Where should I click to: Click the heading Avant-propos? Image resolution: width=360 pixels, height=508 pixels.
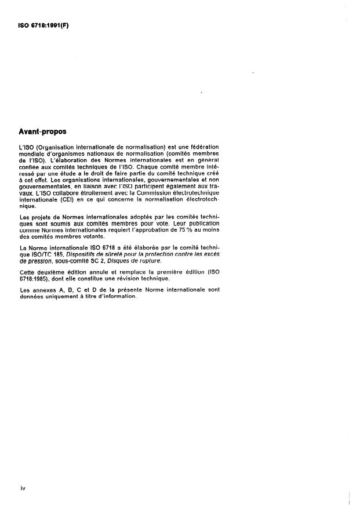43,131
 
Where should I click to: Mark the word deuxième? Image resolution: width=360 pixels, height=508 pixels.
52,272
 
